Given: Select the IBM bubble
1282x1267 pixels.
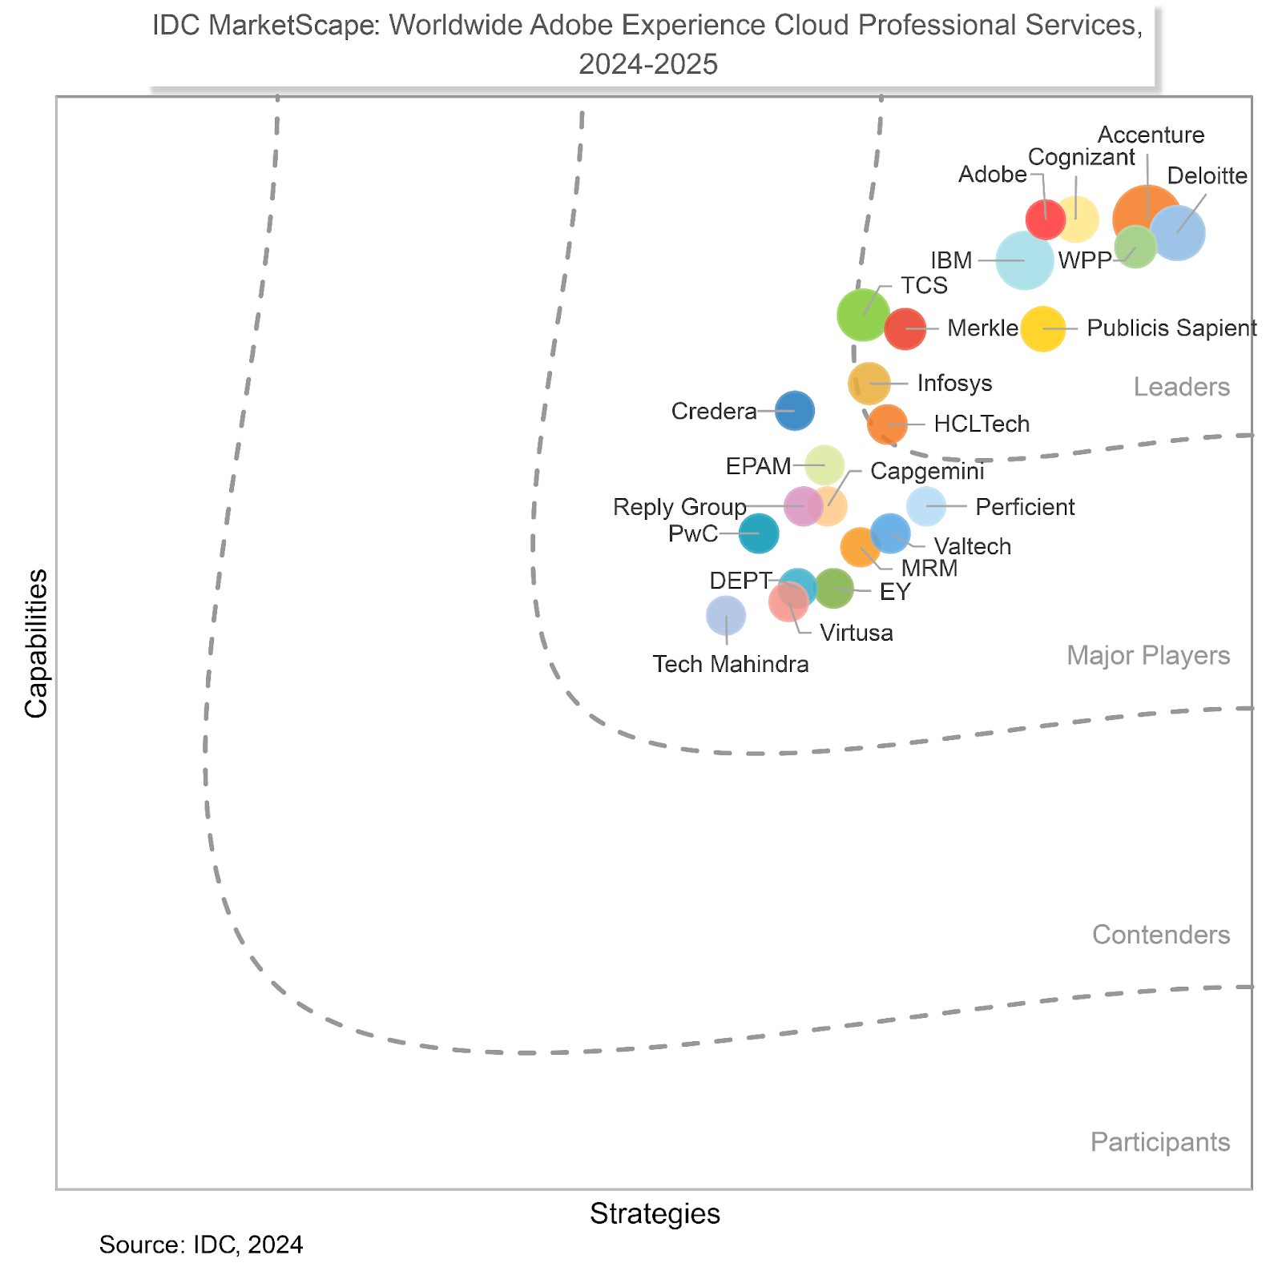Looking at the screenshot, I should [1025, 260].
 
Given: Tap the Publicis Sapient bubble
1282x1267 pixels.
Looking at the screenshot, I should [1042, 328].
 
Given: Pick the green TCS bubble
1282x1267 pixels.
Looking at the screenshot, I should [863, 315].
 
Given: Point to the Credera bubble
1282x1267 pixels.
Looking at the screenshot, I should [795, 411].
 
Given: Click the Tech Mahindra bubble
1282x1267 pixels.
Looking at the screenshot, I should [726, 615].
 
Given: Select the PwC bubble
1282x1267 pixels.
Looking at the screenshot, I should [759, 533].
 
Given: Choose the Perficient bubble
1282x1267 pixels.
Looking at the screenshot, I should [926, 506].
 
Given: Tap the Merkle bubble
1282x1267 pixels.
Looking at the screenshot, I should [905, 328].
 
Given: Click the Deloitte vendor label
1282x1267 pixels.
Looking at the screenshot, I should [1207, 176].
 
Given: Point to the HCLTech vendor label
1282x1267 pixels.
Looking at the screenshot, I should [982, 424].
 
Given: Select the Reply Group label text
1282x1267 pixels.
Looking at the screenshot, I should [679, 507].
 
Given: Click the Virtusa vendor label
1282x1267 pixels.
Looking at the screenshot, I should [857, 633].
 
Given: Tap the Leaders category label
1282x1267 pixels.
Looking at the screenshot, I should [1181, 388].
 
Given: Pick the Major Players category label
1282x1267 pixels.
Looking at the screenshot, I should [1147, 656].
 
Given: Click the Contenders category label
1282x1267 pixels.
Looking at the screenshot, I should [1160, 935].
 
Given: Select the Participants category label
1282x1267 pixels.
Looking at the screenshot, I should [1159, 1142].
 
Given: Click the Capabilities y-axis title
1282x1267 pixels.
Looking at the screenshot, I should [36, 643].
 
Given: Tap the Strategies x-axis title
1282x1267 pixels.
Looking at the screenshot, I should [655, 1214].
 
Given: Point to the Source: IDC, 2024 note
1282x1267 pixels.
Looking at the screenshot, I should [201, 1245].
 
